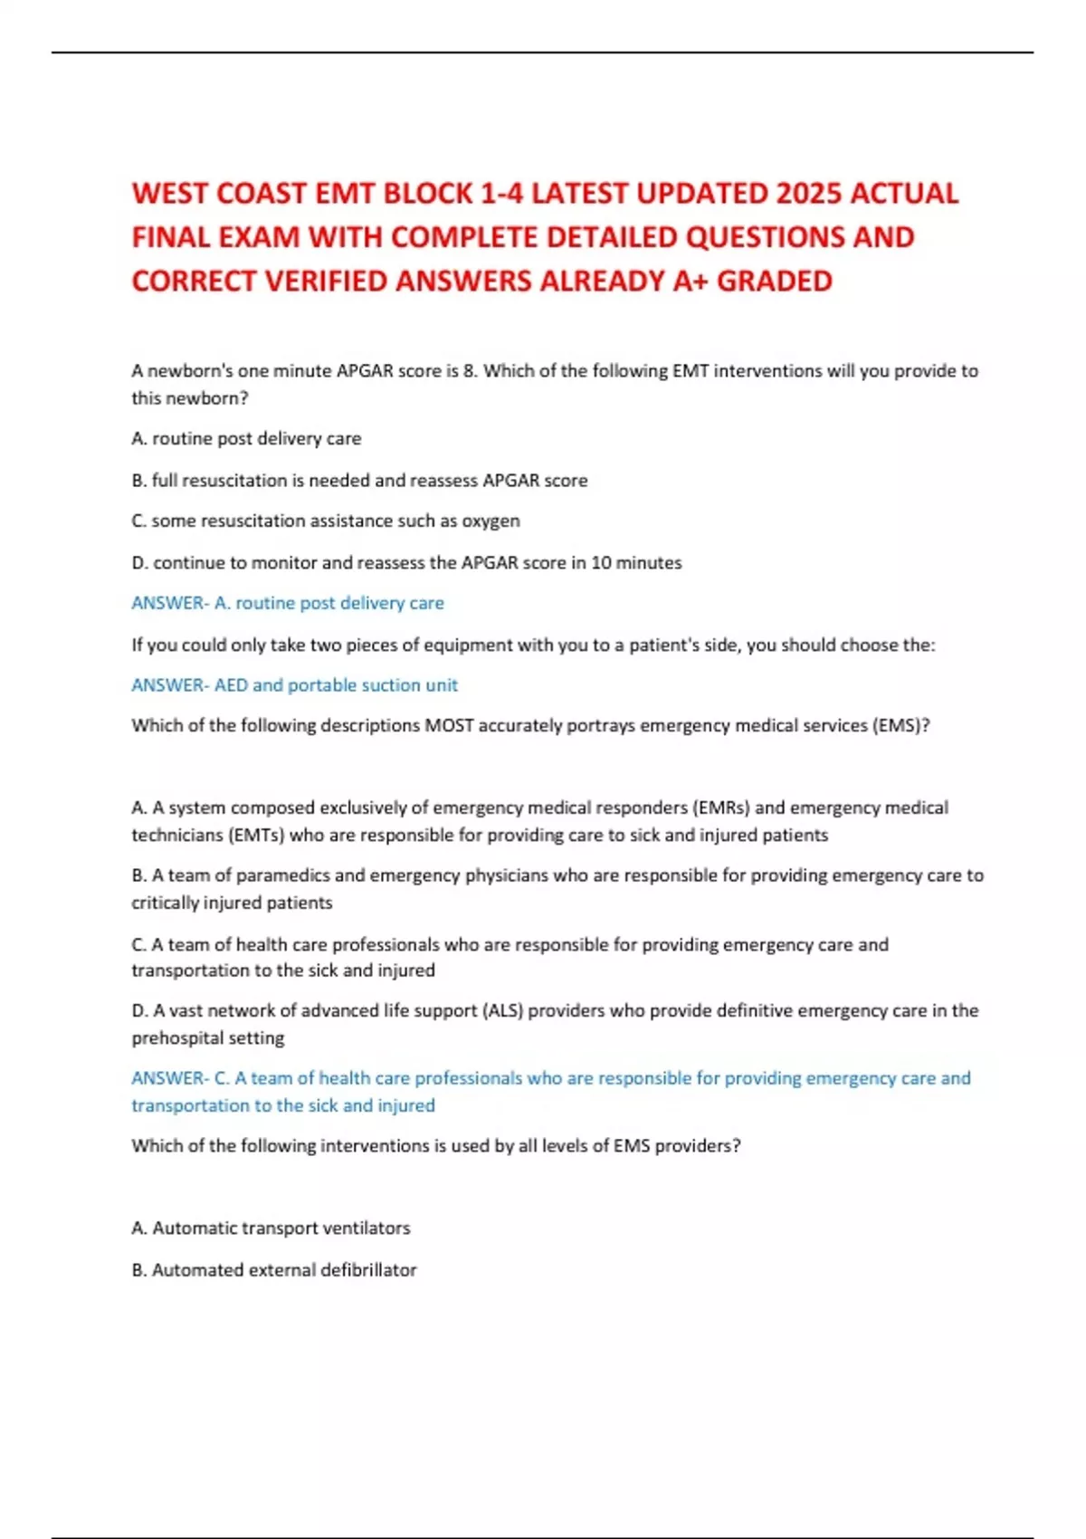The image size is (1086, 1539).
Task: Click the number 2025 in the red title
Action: (809, 194)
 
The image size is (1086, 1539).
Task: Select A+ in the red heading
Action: (691, 282)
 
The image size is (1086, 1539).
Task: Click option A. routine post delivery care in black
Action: (246, 439)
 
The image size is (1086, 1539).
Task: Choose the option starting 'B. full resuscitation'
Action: (359, 481)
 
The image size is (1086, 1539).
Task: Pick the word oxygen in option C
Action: (491, 521)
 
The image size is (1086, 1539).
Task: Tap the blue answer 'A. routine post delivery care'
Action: (329, 604)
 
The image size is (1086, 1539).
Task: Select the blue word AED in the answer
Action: (231, 685)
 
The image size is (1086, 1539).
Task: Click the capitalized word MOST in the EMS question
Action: (449, 726)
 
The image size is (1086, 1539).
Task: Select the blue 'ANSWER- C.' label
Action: (180, 1078)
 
